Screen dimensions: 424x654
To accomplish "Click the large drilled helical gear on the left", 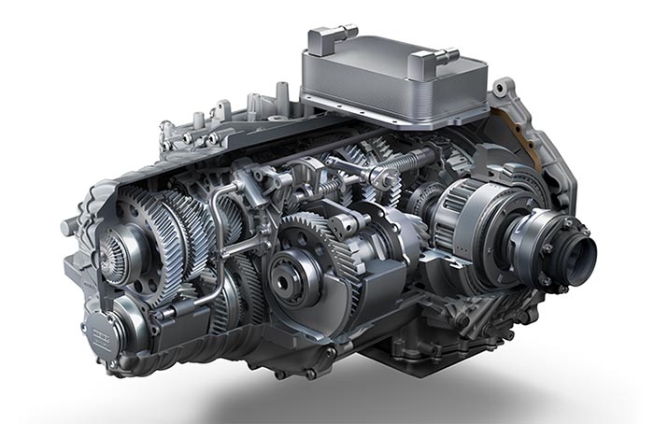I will pyautogui.click(x=154, y=233).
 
